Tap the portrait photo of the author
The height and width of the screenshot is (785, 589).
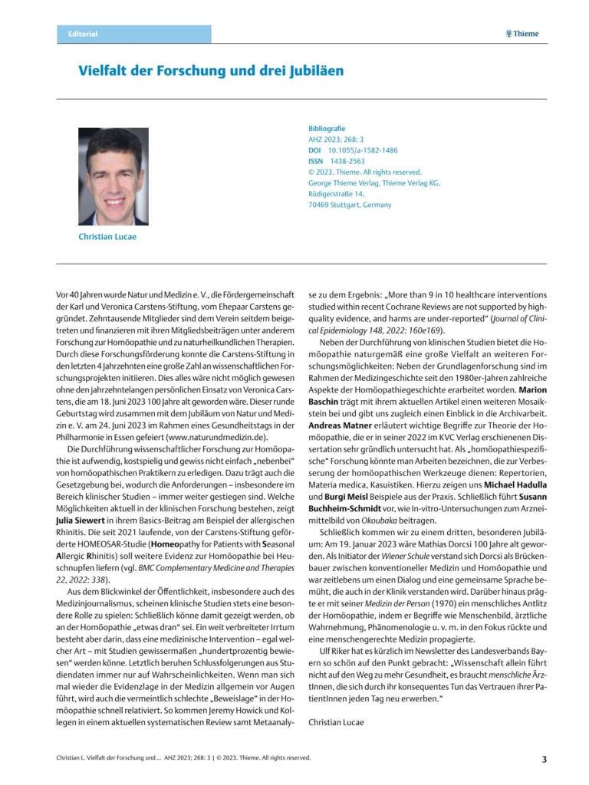[x=113, y=176]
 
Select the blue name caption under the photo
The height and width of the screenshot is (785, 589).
[x=107, y=236]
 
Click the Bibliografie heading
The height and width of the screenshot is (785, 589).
[x=327, y=129]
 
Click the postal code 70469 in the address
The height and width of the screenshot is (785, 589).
[x=319, y=205]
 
